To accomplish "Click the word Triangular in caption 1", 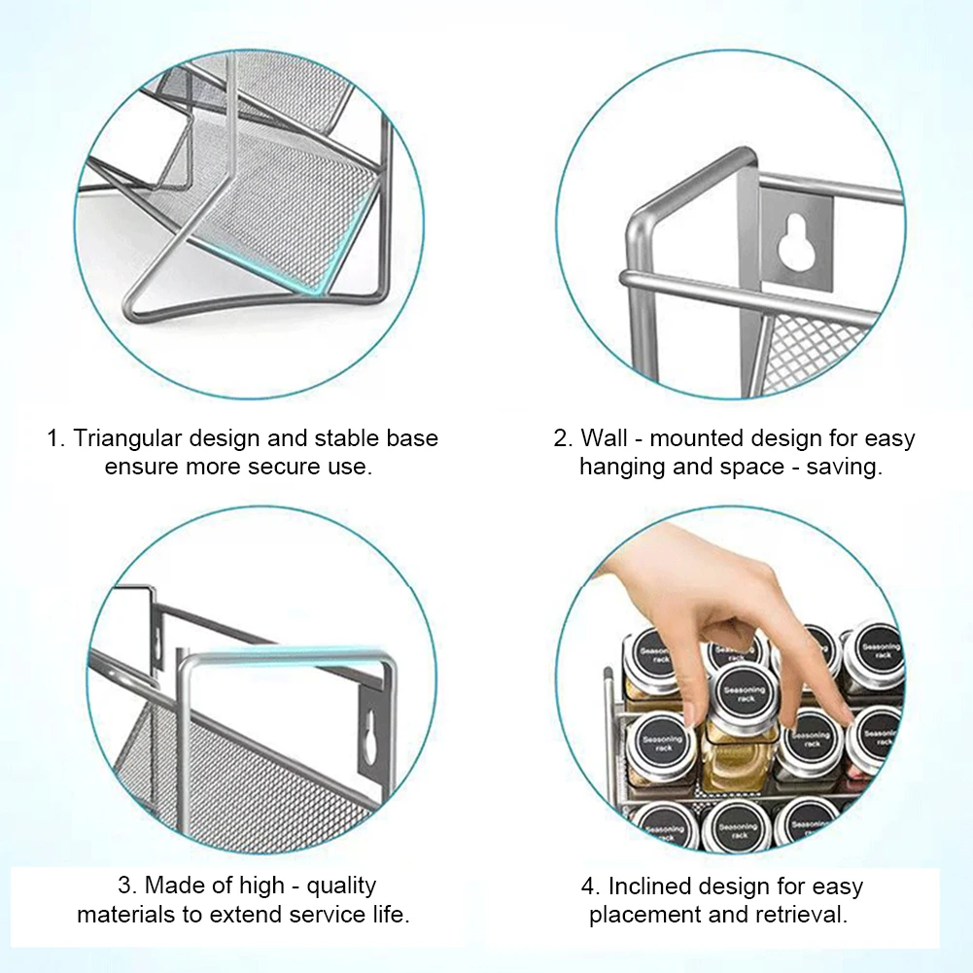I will tap(125, 438).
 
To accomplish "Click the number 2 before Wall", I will tap(561, 438).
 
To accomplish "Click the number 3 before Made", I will tap(124, 886).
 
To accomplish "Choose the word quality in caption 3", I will tap(338, 886).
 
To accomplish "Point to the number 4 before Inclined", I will tap(589, 886).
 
